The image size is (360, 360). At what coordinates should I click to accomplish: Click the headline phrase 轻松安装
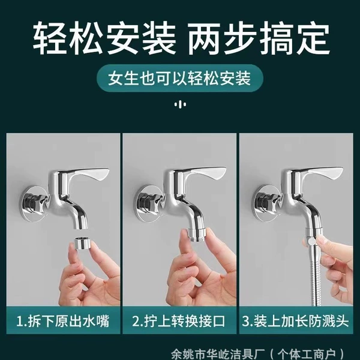click(x=104, y=38)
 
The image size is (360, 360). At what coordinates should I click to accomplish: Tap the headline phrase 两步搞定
click(x=259, y=38)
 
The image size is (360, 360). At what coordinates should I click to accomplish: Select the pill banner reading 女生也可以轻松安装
click(x=180, y=78)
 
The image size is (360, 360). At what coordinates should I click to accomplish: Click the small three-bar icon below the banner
click(x=180, y=104)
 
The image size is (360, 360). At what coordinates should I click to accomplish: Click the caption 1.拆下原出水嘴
click(x=63, y=320)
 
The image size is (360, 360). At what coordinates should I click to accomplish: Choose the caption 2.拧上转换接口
click(x=179, y=320)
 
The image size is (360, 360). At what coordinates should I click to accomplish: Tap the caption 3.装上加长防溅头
click(x=295, y=320)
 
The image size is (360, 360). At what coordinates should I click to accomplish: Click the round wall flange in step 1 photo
click(x=32, y=203)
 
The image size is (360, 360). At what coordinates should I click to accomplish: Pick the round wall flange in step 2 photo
click(x=149, y=203)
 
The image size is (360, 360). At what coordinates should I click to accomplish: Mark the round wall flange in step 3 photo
click(x=265, y=203)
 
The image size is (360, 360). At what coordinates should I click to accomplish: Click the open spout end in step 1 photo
click(x=81, y=227)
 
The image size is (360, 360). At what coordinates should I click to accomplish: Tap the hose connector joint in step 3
click(x=312, y=239)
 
